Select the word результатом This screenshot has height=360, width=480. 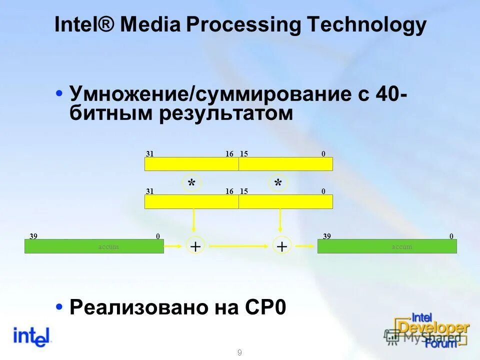(x=226, y=113)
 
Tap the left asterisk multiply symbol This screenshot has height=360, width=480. (x=191, y=184)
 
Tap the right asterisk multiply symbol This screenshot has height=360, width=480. (x=278, y=184)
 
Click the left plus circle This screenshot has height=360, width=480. (x=195, y=246)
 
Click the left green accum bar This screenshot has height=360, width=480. (x=94, y=246)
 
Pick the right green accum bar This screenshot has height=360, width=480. (x=387, y=246)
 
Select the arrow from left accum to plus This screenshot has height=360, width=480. (x=174, y=246)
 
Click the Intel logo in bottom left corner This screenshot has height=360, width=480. (x=32, y=336)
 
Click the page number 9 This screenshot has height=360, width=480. (x=239, y=353)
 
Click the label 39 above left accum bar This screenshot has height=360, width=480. (x=33, y=236)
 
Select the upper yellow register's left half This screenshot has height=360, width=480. (x=191, y=164)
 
